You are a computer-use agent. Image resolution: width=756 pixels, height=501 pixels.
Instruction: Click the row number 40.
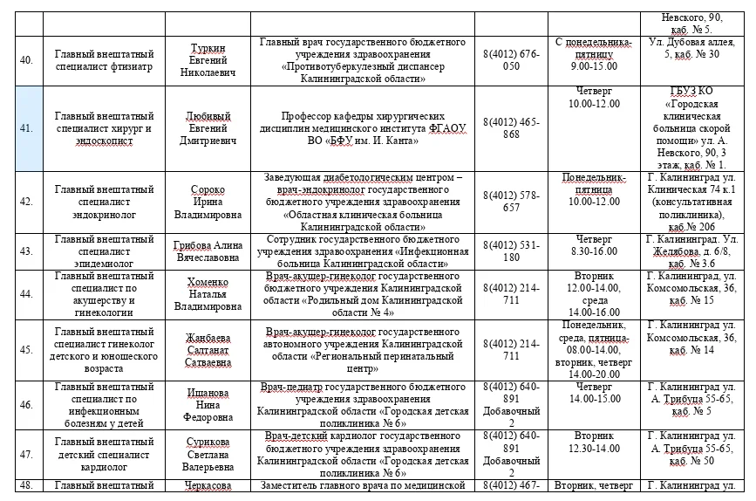26,60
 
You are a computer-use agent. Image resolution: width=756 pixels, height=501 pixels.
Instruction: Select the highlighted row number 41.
26,127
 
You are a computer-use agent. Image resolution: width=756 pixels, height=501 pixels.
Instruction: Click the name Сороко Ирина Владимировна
213,201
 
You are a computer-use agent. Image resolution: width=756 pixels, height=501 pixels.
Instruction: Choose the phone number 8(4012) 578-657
511,201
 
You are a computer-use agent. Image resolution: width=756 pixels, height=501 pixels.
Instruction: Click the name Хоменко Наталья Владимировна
213,294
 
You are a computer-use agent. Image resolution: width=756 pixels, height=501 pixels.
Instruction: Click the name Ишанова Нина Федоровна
213,404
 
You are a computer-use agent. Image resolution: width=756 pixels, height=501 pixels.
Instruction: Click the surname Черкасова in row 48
213,486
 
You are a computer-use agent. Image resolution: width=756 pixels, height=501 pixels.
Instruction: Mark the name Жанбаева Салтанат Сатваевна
213,349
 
